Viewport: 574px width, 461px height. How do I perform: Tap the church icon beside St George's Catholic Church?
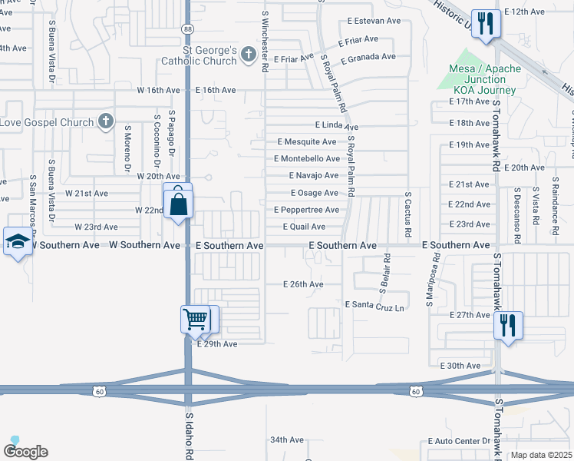point(248,55)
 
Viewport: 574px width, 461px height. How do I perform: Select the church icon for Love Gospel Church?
point(106,121)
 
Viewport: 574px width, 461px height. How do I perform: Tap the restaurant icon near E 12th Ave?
point(485,23)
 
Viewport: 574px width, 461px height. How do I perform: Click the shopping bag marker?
point(178,204)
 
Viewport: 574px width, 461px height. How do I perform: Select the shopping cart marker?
point(196,319)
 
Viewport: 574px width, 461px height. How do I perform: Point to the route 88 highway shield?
point(188,71)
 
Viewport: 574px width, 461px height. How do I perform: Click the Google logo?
point(25,451)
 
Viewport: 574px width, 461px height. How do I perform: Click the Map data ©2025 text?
point(542,455)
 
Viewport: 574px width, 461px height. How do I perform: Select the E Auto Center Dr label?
point(458,441)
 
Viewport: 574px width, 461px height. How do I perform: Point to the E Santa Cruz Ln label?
point(374,305)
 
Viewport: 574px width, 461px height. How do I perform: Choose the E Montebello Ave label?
point(307,158)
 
